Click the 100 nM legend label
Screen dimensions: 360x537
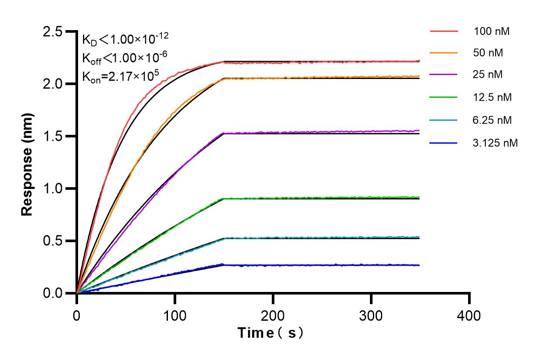pyautogui.click(x=492, y=31)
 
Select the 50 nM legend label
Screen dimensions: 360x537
pyautogui.click(x=488, y=53)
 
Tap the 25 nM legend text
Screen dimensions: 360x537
pyautogui.click(x=488, y=75)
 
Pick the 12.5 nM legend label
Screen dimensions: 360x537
pyautogui.click(x=492, y=97)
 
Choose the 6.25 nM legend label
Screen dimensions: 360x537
pyautogui.click(x=492, y=120)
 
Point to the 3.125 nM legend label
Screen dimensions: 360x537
pyautogui.click(x=495, y=142)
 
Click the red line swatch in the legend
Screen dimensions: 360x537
pyautogui.click(x=444, y=31)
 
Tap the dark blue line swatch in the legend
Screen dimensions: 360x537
pyautogui.click(x=444, y=142)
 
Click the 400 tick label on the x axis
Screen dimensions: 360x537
pyautogui.click(x=469, y=315)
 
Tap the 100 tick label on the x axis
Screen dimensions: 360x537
pyautogui.click(x=175, y=315)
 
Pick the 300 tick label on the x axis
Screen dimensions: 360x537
pyautogui.click(x=371, y=315)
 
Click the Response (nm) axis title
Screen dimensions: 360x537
pyautogui.click(x=27, y=163)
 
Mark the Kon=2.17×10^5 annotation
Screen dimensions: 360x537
pyautogui.click(x=120, y=77)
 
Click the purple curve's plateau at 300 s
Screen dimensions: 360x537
pyautogui.click(x=371, y=131)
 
